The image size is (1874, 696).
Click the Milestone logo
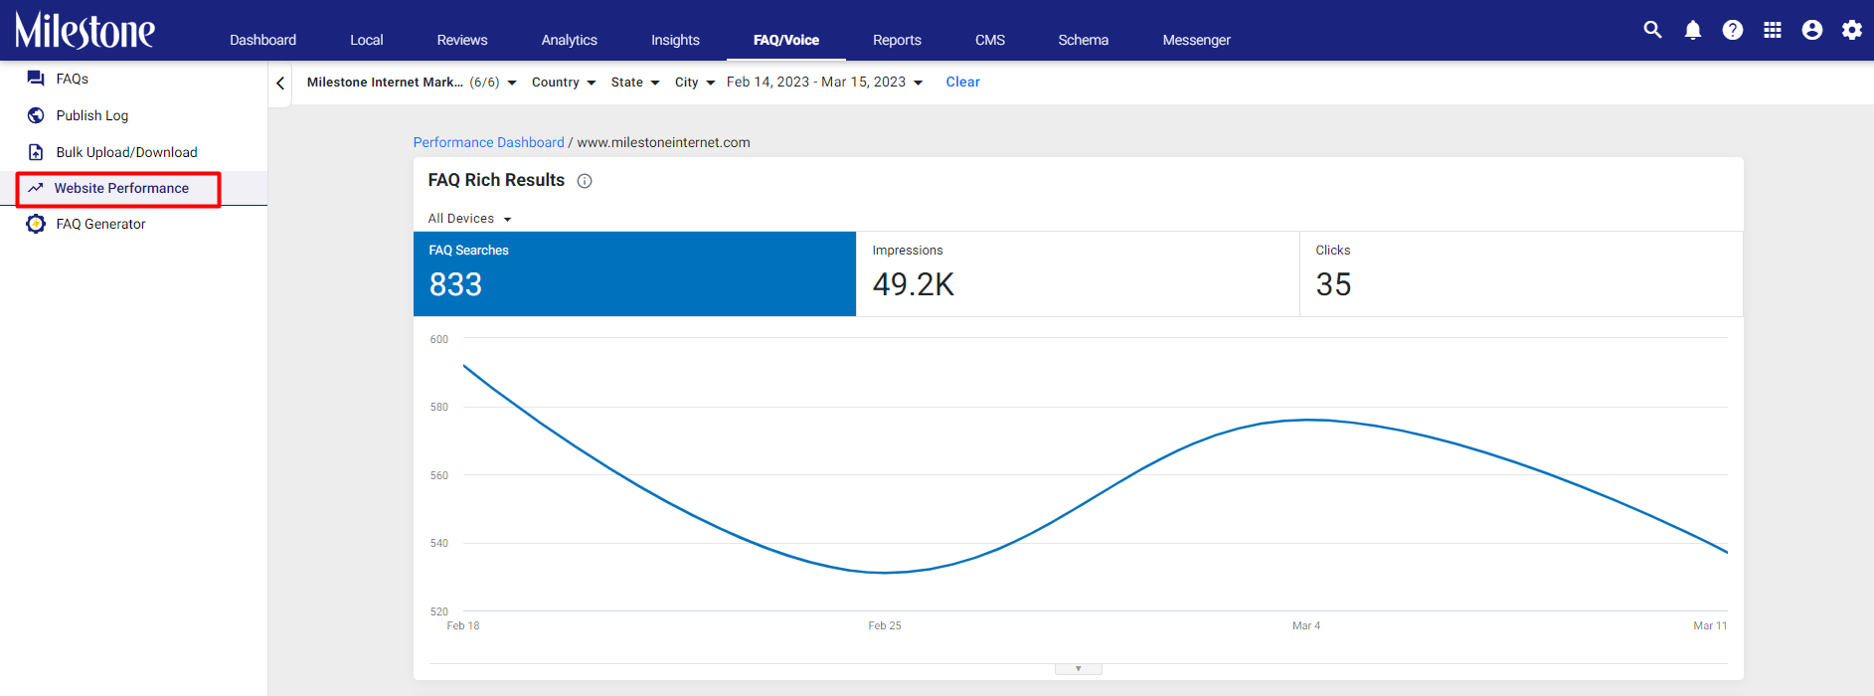coord(85,31)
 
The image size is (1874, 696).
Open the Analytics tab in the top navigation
coord(569,40)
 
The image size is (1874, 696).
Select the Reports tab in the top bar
coord(897,40)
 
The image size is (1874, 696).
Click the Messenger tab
coord(1196,40)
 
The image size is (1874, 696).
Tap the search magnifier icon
coord(1652,30)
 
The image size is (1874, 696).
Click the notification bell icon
coord(1693,30)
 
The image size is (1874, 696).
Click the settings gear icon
coord(1851,30)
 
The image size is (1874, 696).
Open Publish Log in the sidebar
coord(92,115)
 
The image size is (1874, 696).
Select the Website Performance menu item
coord(121,188)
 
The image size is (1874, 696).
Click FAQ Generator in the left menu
coord(100,224)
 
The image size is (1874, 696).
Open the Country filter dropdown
coord(564,83)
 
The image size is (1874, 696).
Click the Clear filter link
coord(962,83)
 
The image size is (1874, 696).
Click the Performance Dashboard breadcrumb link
coord(488,142)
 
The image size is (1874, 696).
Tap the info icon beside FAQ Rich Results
coord(585,181)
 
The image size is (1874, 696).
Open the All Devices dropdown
coord(469,219)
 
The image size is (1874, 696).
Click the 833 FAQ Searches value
coord(455,285)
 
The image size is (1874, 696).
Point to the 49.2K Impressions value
coord(913,285)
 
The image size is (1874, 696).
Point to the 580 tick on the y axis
coord(438,407)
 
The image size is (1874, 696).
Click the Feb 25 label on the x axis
coord(885,625)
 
